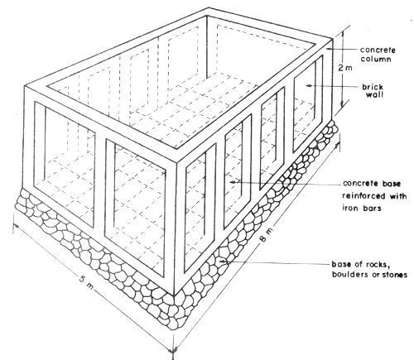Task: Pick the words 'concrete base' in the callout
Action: pos(368,184)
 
